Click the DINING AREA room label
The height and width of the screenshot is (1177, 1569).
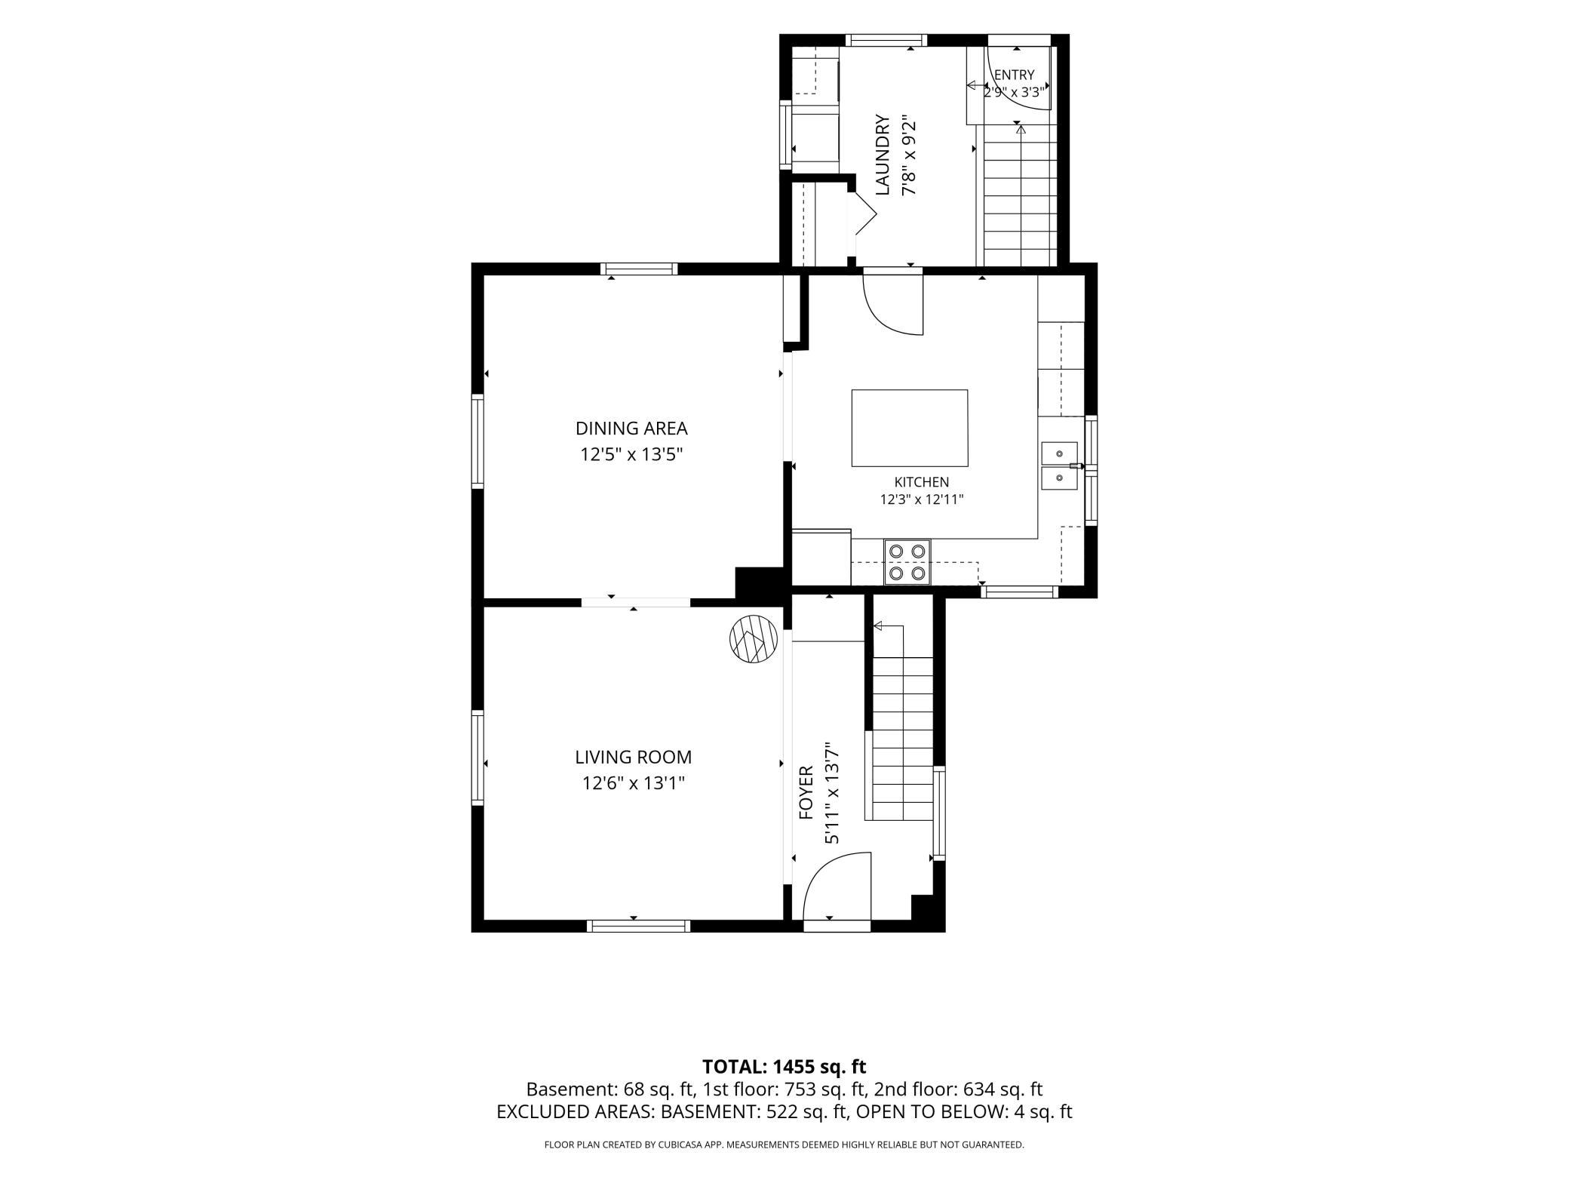[x=631, y=429]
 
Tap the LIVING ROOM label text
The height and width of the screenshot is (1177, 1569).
[x=633, y=757]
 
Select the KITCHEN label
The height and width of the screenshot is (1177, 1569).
[x=922, y=482]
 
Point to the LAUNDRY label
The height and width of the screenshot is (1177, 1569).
[x=883, y=155]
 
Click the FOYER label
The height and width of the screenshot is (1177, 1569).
[x=806, y=793]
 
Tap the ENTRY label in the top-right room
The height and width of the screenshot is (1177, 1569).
[x=1014, y=75]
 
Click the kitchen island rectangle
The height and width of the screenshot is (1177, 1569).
[x=910, y=428]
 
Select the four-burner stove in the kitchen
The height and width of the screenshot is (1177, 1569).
[x=907, y=562]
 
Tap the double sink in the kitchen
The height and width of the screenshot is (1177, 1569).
[x=1060, y=466]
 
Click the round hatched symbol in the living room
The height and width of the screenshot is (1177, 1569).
[x=754, y=638]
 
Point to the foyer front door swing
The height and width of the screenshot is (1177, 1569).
[x=837, y=886]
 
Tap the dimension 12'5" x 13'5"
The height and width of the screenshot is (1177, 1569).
[x=631, y=454]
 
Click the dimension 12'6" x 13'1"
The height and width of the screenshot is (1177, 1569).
[x=633, y=783]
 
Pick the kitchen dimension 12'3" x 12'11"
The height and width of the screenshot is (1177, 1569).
[x=922, y=499]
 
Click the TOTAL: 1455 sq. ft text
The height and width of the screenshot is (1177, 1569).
[x=784, y=1067]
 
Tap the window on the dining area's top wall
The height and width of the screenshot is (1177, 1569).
[x=639, y=269]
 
